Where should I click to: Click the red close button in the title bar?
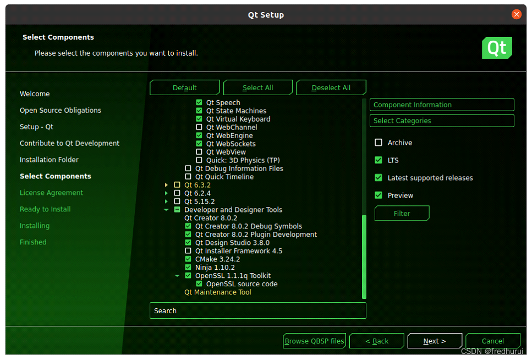[x=517, y=14]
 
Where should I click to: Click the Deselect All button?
[x=331, y=88]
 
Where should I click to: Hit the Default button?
[x=184, y=88]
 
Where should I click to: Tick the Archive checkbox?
[x=379, y=143]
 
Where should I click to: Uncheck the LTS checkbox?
[x=379, y=160]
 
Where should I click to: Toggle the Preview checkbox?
[x=379, y=195]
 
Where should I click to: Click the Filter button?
[x=402, y=213]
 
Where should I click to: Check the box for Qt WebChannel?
[x=199, y=127]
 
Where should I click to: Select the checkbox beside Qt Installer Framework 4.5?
[x=188, y=250]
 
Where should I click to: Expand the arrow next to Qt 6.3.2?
[x=166, y=185]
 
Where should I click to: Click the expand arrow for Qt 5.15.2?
[x=166, y=201]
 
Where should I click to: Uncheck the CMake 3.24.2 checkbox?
[x=188, y=259]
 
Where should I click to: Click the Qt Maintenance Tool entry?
[x=217, y=292]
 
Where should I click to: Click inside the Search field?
[x=258, y=311]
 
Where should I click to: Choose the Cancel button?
[x=492, y=341]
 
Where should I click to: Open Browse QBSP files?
[x=314, y=341]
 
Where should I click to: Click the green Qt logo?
[x=497, y=48]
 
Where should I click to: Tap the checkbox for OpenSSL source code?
[x=199, y=283]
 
